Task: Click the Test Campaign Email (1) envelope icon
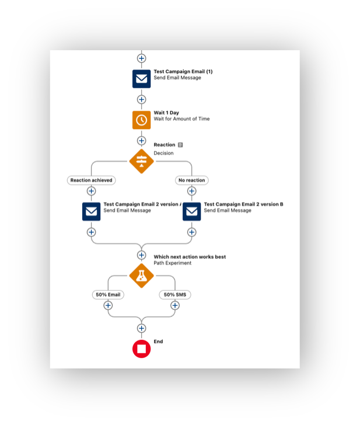pos(141,79)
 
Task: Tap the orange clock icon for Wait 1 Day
pos(141,120)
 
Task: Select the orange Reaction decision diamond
pos(141,161)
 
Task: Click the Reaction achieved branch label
pos(92,180)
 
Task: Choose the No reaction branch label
pos(192,180)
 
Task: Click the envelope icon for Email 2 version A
pos(92,211)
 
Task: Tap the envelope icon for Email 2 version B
pos(192,211)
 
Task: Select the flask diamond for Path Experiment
pos(141,276)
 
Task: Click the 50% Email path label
pos(108,294)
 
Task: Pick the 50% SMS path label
pos(175,294)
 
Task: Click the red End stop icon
pos(141,349)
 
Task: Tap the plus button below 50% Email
pos(108,305)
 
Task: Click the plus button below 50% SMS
pos(175,305)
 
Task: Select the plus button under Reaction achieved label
pos(92,191)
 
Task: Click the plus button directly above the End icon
pos(141,328)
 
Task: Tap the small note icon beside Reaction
pos(180,145)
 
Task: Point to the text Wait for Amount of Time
pos(181,119)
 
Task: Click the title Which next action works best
pos(190,257)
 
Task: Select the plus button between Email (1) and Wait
pos(141,99)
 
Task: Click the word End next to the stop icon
pos(158,342)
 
